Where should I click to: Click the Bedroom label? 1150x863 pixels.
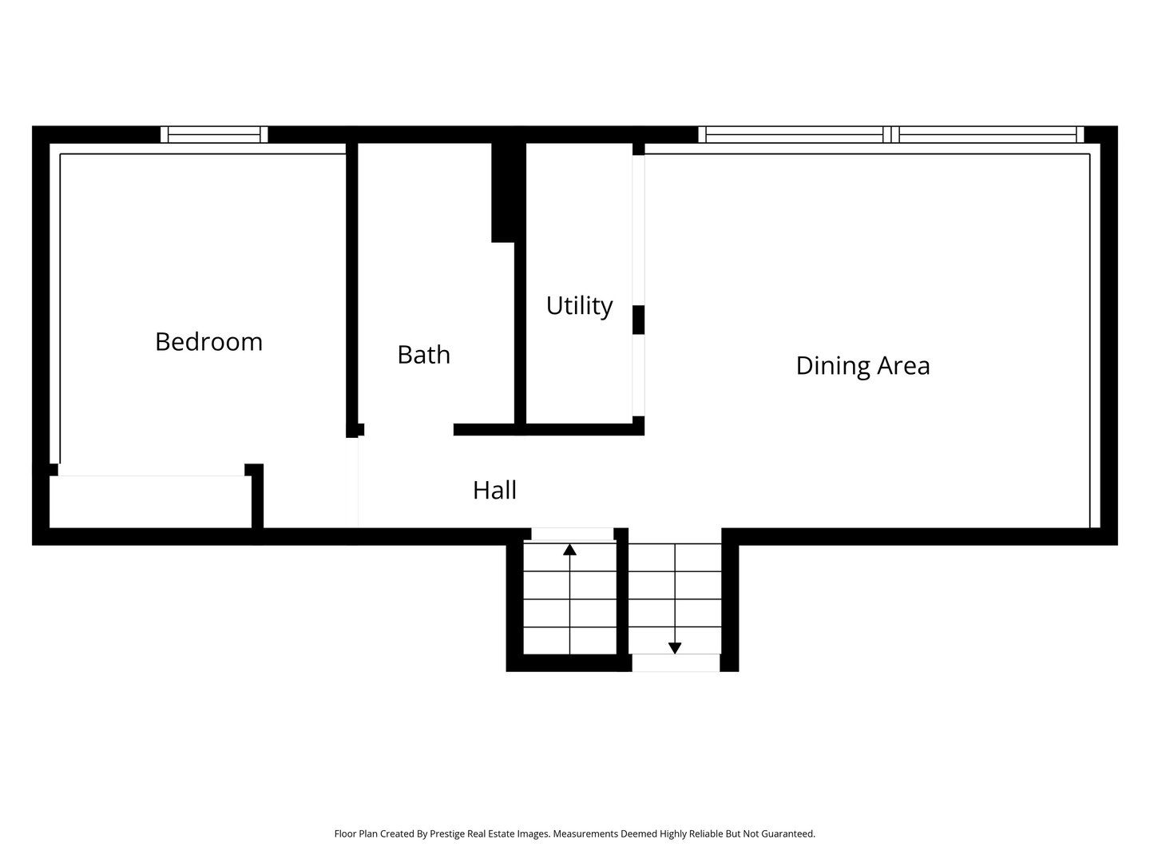pyautogui.click(x=208, y=342)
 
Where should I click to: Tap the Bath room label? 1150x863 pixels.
pyautogui.click(x=423, y=355)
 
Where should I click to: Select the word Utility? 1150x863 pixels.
pyautogui.click(x=579, y=306)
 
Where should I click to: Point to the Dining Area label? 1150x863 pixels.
pyautogui.click(x=862, y=366)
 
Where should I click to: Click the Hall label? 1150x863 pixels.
pyautogui.click(x=494, y=490)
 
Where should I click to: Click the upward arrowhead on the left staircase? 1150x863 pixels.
pyautogui.click(x=569, y=550)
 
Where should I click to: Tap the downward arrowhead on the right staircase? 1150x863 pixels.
pyautogui.click(x=675, y=648)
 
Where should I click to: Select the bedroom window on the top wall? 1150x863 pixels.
pyautogui.click(x=214, y=134)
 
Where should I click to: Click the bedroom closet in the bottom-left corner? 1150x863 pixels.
pyautogui.click(x=151, y=502)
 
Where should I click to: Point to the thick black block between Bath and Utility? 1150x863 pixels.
pyautogui.click(x=502, y=192)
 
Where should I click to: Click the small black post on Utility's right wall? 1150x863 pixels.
pyautogui.click(x=638, y=320)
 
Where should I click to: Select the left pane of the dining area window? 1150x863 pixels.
pyautogui.click(x=794, y=134)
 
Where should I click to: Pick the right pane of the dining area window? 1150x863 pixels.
pyautogui.click(x=987, y=134)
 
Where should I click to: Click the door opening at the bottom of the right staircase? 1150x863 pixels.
pyautogui.click(x=676, y=662)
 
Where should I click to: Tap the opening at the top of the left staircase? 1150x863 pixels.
pyautogui.click(x=572, y=534)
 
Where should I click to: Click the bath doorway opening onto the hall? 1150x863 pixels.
pyautogui.click(x=408, y=430)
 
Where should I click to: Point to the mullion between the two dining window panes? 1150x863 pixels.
pyautogui.click(x=890, y=134)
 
